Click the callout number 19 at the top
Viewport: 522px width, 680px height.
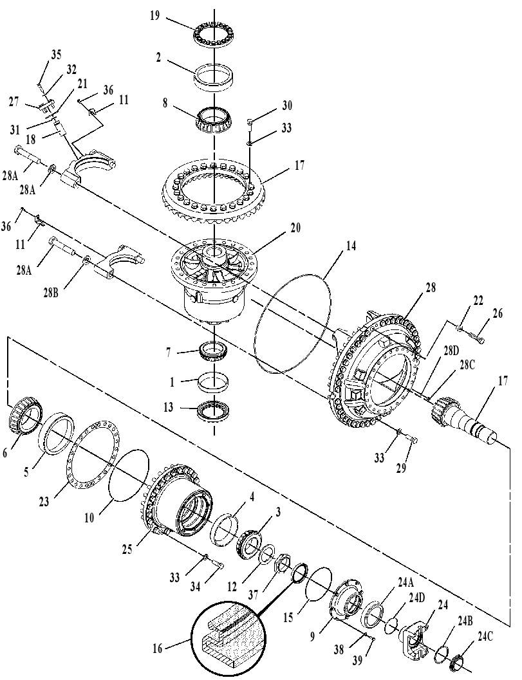155,17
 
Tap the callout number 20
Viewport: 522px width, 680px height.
295,228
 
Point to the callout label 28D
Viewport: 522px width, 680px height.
449,351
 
